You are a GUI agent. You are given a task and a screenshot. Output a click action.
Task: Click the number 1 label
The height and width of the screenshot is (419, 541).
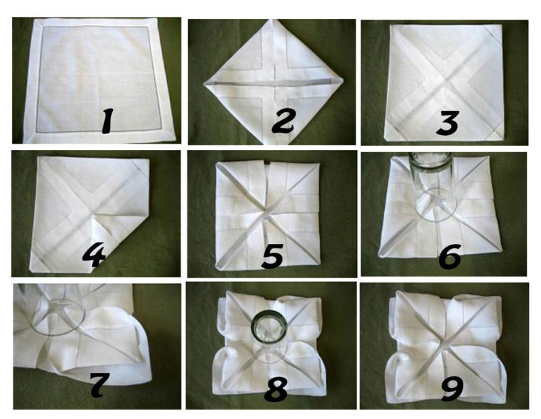coord(108,121)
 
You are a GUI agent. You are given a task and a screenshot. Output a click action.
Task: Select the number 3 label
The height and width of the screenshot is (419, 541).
coord(448,123)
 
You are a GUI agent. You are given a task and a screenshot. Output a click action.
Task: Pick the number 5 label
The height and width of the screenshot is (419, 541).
coord(273,255)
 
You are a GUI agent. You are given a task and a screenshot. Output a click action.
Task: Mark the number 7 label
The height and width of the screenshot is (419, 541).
coord(100,384)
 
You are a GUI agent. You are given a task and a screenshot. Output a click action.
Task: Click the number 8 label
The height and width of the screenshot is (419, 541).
coord(276,389)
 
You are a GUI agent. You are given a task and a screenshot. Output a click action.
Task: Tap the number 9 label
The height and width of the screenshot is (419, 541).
coord(452,389)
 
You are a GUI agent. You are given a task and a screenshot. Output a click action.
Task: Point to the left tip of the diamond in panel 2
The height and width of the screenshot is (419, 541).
coord(204,83)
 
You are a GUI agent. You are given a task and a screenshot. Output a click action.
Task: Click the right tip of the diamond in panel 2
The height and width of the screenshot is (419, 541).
coord(344,80)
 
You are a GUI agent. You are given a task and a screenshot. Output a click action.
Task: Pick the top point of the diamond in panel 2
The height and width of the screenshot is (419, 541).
coord(274,20)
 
